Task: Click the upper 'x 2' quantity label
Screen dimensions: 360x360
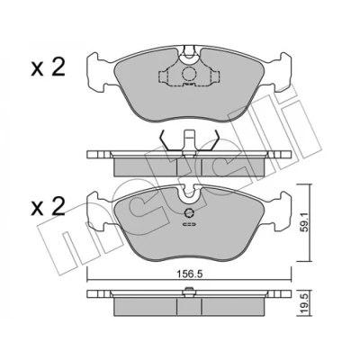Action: pos(48,67)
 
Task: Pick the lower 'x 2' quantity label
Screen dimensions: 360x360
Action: pos(48,207)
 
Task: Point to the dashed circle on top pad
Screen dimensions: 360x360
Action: pos(189,74)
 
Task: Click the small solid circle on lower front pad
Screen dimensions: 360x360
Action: pos(189,213)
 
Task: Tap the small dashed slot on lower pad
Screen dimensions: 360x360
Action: pos(189,224)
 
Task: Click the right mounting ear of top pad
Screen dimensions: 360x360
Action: pos(281,71)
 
